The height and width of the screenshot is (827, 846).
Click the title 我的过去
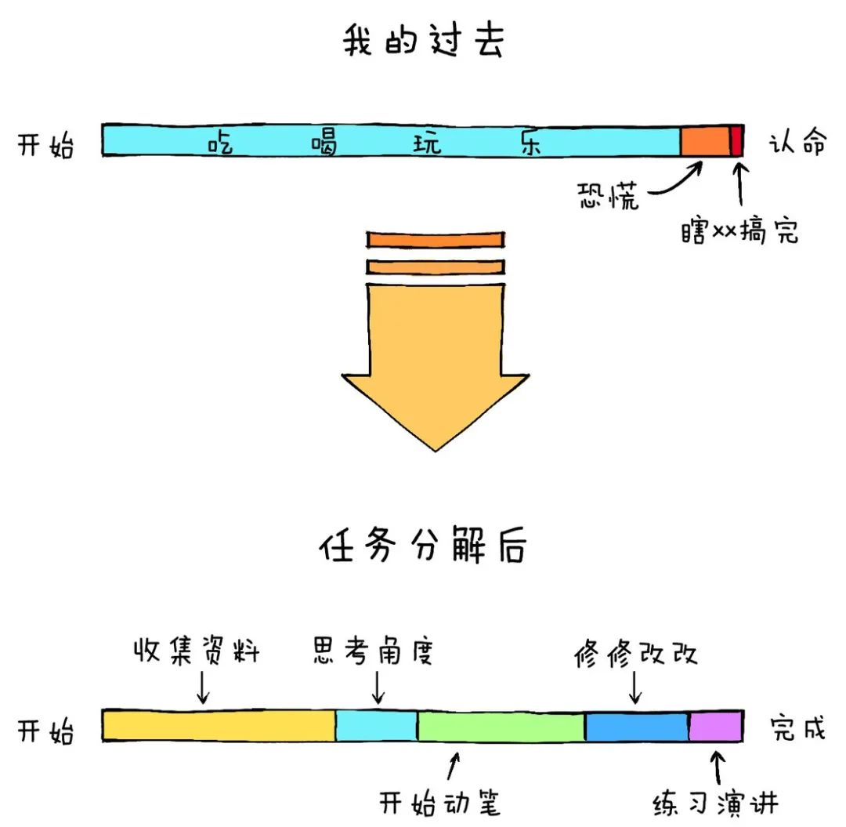424,43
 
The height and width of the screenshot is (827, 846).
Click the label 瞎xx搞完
739,231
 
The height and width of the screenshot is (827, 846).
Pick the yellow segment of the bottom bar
219,725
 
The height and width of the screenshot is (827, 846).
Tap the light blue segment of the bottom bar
376,726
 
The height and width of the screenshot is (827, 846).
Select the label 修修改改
634,652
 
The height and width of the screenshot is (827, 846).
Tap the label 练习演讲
715,803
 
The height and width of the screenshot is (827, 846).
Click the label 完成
797,728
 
